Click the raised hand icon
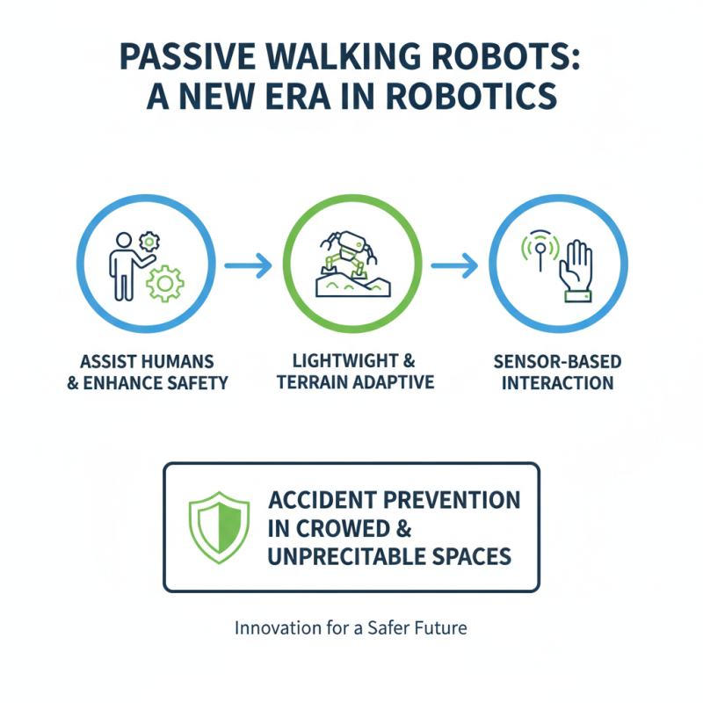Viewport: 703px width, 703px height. tap(576, 267)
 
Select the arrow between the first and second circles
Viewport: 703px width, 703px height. tap(248, 266)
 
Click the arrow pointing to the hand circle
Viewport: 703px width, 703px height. tap(454, 266)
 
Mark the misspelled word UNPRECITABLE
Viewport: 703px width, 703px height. tap(340, 557)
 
